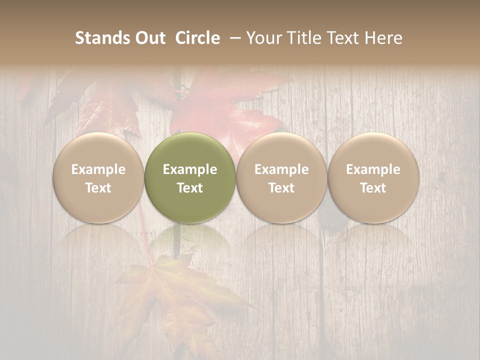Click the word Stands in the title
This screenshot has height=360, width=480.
pyautogui.click(x=102, y=38)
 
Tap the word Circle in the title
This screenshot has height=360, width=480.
pyautogui.click(x=197, y=38)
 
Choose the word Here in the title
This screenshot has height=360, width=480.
pyautogui.click(x=384, y=38)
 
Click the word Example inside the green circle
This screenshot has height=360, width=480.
pyautogui.click(x=190, y=169)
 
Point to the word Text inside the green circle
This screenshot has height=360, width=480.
pyautogui.click(x=190, y=188)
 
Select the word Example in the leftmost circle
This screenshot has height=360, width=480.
pyautogui.click(x=98, y=169)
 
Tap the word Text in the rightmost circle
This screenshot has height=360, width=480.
pyautogui.click(x=373, y=188)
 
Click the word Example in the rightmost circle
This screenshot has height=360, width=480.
pyautogui.click(x=373, y=169)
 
